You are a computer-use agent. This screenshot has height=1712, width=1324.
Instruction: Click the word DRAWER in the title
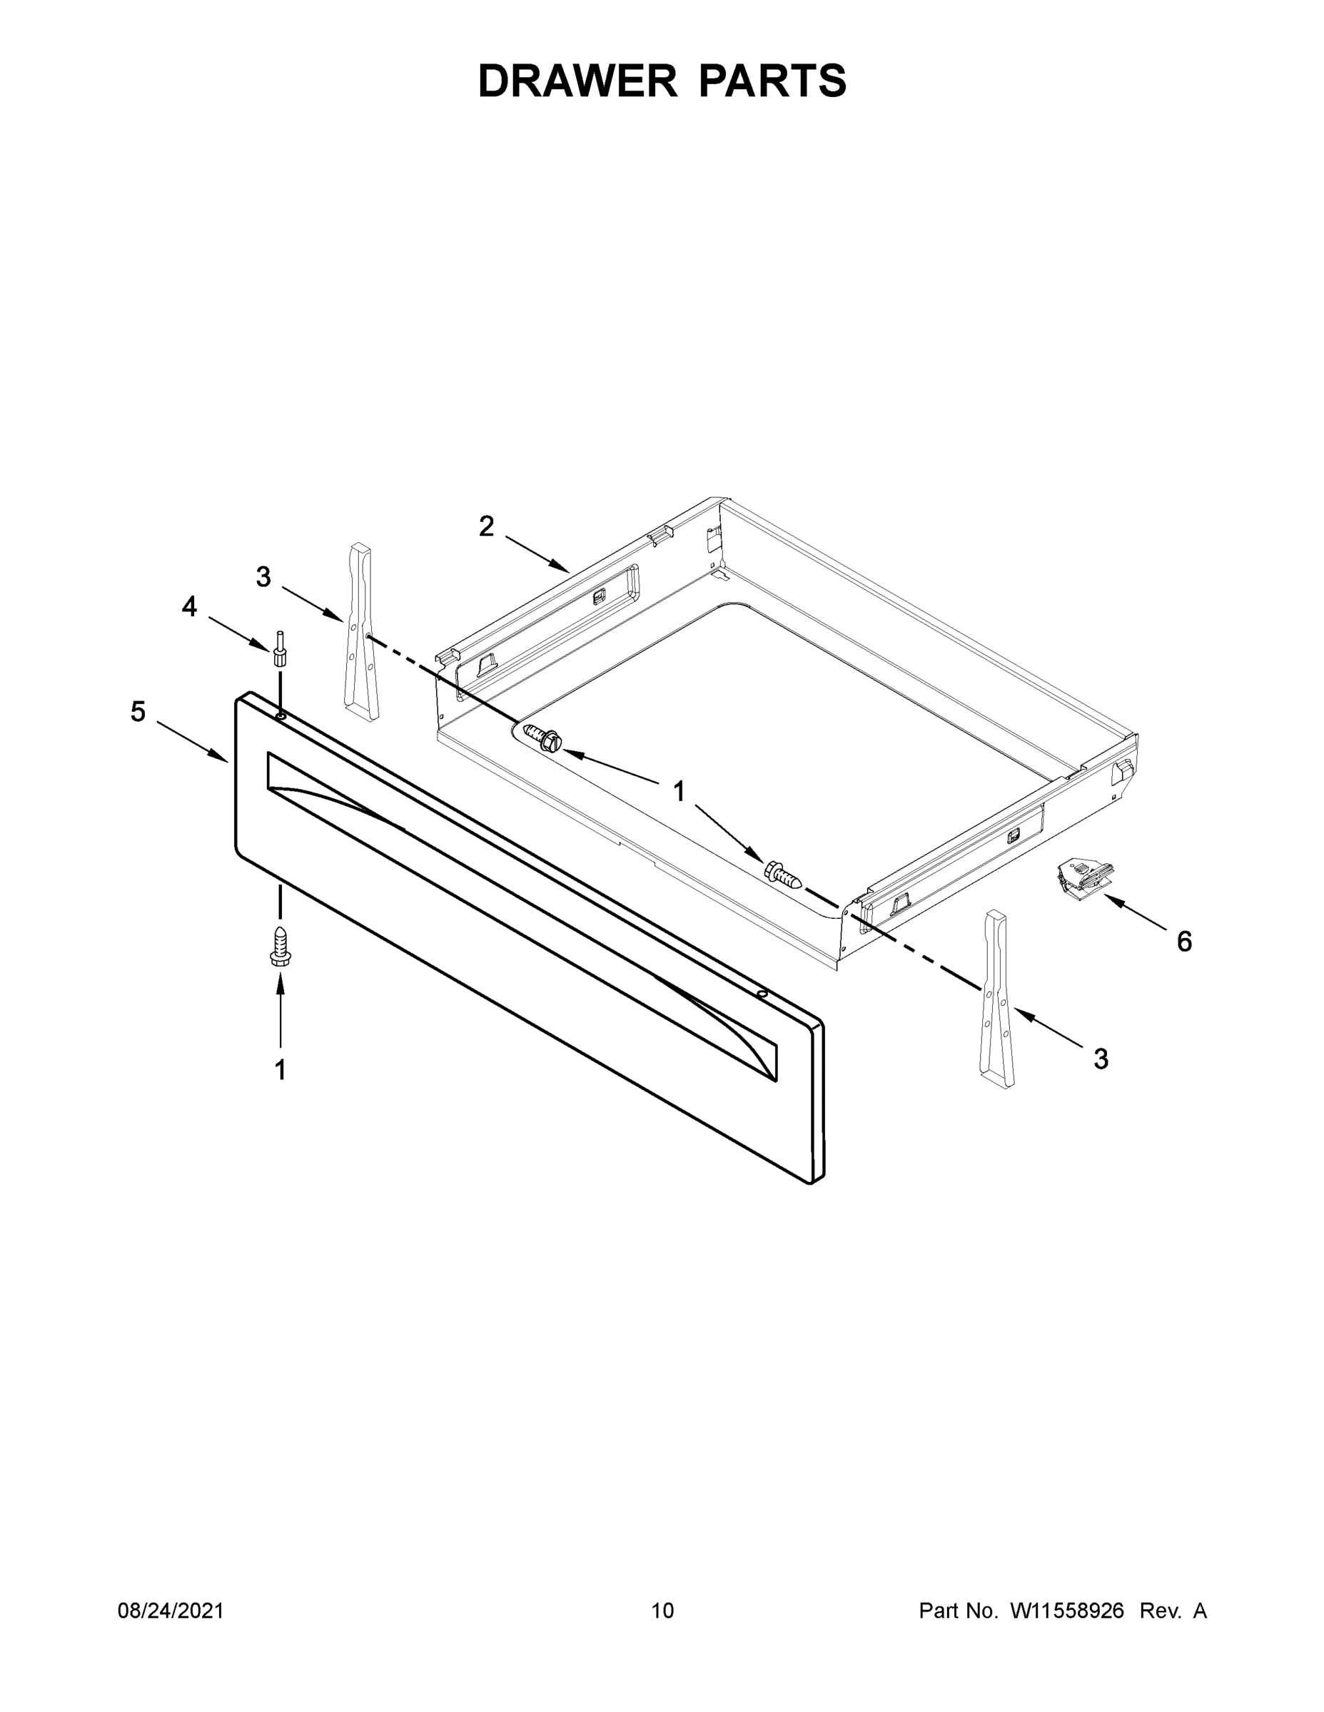[577, 81]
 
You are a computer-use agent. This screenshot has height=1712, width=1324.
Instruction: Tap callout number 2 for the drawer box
[486, 526]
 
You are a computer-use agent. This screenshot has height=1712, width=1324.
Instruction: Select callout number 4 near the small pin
[189, 606]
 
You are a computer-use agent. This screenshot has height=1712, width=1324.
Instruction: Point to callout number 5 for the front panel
[138, 712]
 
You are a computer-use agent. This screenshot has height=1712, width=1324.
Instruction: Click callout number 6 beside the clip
[1183, 942]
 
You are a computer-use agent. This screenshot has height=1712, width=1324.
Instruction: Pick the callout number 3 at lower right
[1101, 1059]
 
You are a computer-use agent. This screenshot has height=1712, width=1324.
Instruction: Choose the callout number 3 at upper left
[263, 577]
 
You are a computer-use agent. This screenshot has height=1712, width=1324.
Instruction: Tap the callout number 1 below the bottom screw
[280, 1069]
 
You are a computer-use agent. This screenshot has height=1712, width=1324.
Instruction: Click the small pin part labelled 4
[279, 648]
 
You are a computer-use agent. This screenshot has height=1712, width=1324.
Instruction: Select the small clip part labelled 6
[1086, 875]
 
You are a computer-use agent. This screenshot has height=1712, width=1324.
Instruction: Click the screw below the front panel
[280, 946]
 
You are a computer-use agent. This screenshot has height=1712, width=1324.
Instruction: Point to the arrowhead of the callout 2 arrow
[566, 570]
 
